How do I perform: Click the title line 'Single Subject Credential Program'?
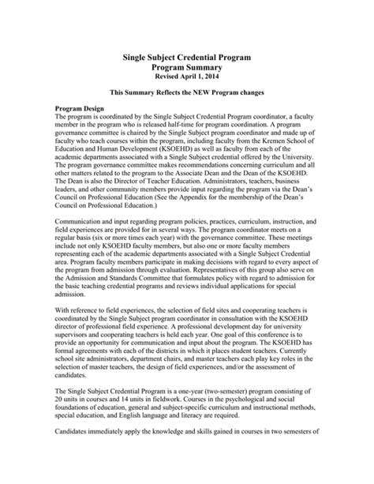188,58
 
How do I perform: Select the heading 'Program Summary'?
188,69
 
